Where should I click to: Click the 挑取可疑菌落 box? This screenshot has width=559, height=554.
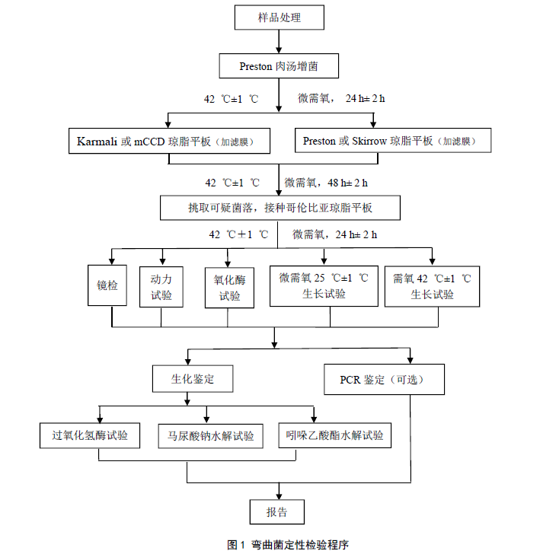coord(278,207)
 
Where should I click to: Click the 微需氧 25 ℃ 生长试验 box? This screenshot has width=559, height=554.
coord(324,286)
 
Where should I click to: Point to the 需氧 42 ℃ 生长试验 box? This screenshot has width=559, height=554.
coord(432,286)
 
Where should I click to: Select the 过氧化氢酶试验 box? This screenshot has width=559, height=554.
coord(90,436)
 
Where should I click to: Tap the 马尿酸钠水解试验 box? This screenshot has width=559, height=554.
coord(210,437)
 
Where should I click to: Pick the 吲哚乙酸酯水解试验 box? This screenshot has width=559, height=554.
coord(334,436)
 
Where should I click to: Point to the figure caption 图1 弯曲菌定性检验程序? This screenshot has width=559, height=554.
coord(279,544)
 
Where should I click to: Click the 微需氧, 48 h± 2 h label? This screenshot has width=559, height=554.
coord(326,183)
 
